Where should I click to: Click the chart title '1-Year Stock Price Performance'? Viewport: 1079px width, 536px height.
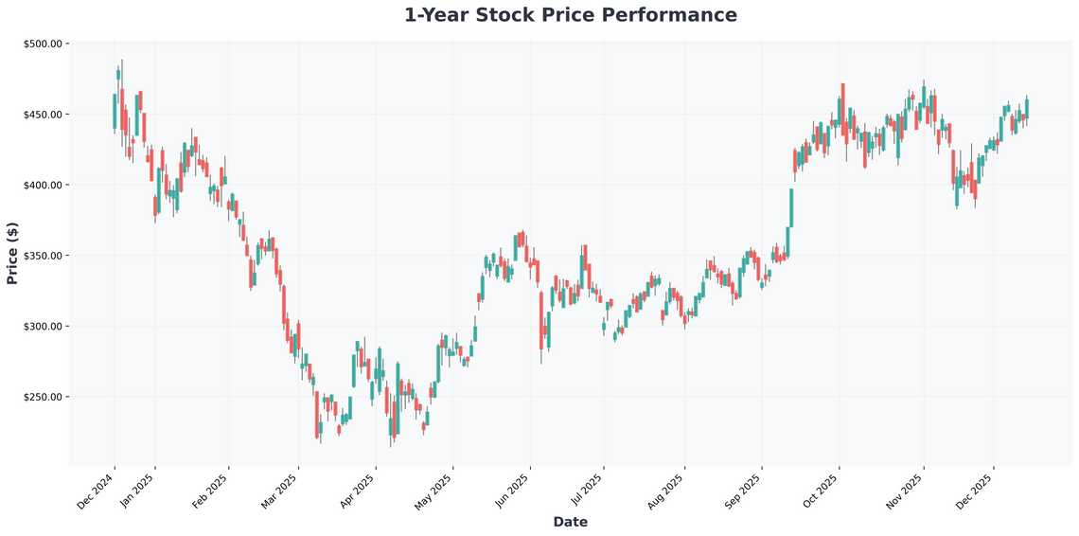point(570,15)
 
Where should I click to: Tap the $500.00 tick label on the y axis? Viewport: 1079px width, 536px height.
point(43,44)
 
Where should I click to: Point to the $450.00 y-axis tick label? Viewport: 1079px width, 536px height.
point(43,115)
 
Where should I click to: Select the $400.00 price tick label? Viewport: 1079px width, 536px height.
point(43,186)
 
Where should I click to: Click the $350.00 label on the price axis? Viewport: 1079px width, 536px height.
point(43,256)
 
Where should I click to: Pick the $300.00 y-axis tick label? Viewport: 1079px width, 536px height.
point(43,327)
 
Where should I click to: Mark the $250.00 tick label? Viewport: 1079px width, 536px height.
point(43,398)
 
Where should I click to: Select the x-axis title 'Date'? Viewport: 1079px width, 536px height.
point(570,522)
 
